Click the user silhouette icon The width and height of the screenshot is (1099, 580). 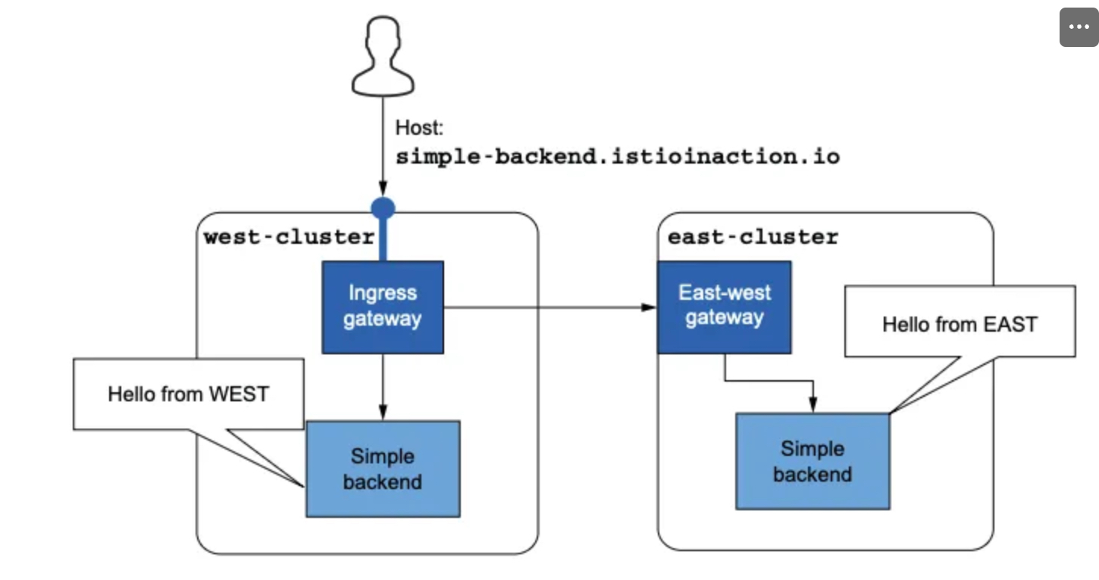[383, 56]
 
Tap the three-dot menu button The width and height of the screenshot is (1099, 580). [1079, 27]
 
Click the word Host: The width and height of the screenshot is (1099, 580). [419, 127]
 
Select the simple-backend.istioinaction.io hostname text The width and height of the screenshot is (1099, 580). [618, 157]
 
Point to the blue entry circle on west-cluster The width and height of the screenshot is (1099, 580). [384, 208]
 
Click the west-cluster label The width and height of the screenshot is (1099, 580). [289, 237]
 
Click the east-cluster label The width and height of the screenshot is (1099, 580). [753, 237]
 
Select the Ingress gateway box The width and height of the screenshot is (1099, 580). [383, 307]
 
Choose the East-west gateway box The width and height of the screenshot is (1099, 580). [724, 307]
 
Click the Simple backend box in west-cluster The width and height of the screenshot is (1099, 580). [383, 469]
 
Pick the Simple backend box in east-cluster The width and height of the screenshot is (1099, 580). [813, 461]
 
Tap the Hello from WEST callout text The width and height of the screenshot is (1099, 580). [189, 394]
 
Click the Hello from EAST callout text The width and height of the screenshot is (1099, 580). [960, 325]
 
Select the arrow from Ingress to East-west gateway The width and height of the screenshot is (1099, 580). [550, 307]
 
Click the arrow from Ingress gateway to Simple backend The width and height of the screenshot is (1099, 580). [384, 387]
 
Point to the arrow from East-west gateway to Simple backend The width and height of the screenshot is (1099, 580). [769, 380]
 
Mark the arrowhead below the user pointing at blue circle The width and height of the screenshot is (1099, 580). [384, 189]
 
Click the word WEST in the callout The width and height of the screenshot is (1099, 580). [239, 394]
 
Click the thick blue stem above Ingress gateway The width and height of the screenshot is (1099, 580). [384, 240]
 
